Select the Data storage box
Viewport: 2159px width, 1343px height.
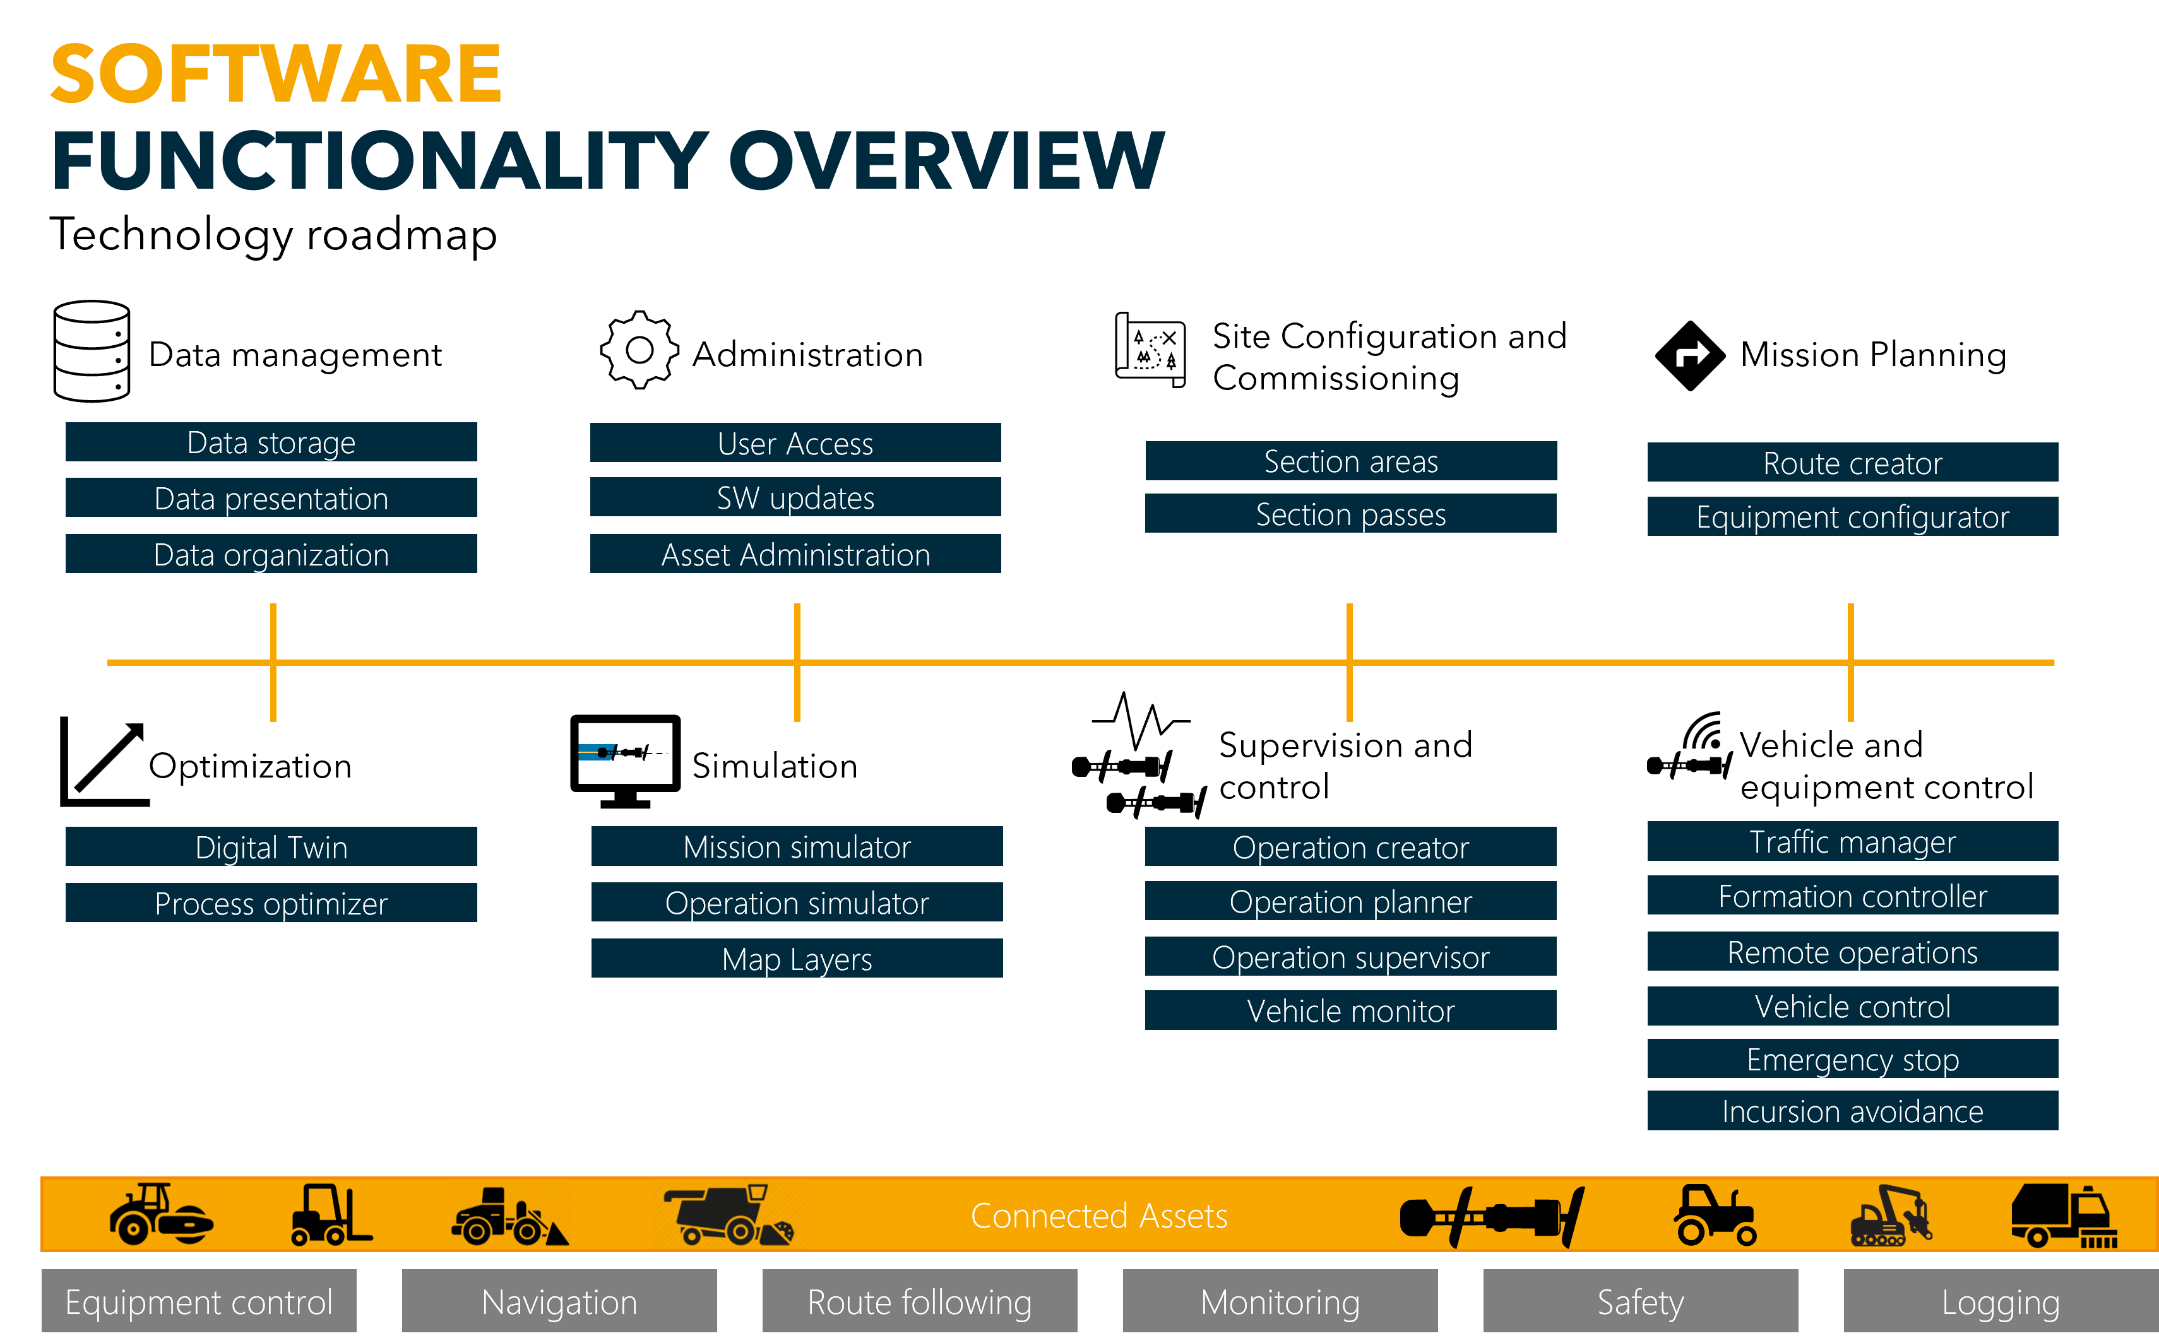coord(271,442)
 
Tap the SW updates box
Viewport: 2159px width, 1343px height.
coord(795,497)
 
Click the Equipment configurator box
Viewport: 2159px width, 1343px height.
coord(1852,517)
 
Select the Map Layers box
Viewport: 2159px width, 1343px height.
coord(797,959)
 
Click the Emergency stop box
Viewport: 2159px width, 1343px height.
coord(1852,1060)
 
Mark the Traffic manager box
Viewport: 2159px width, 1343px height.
coord(1852,842)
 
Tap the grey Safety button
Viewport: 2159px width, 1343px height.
coord(1640,1302)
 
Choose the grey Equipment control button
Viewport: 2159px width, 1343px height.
coord(199,1302)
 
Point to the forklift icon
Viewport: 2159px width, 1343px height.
coord(331,1214)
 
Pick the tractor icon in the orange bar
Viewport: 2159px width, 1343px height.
coord(1714,1215)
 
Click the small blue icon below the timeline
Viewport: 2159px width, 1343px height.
coord(597,752)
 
